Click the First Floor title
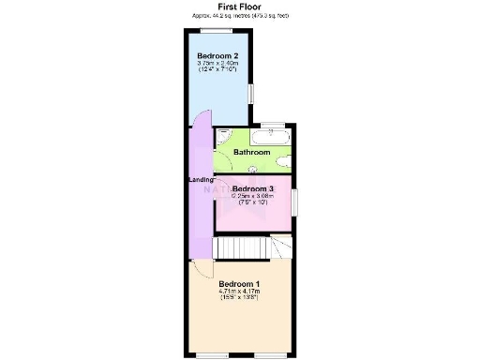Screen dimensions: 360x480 coord(238,7)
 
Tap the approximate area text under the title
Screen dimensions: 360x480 coord(238,16)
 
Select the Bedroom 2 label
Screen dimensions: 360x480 coord(217,56)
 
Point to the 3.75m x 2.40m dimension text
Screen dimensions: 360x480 coord(217,64)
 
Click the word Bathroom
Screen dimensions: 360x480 coord(251,152)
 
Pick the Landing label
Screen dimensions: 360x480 coord(201,179)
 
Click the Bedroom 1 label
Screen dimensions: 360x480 coord(239,284)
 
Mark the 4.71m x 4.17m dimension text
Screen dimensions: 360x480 coord(239,292)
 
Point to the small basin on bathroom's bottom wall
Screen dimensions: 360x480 coord(253,170)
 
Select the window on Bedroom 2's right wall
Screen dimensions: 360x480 coord(250,95)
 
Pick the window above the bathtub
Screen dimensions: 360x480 coord(273,125)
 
